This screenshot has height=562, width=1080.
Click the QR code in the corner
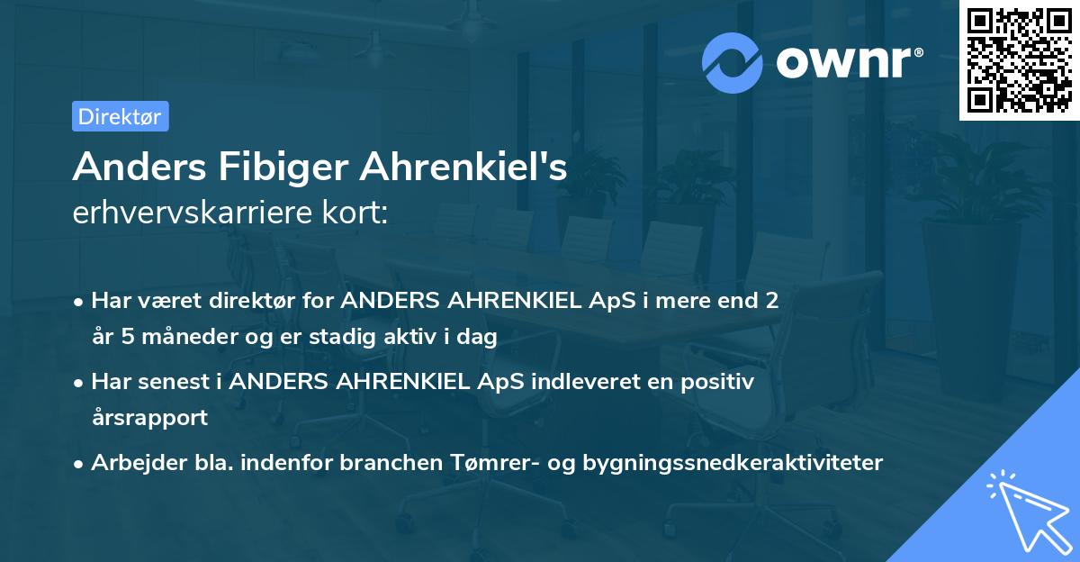click(1019, 59)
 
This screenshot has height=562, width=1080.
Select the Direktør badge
click(120, 116)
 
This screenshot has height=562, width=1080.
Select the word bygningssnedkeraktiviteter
click(733, 462)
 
